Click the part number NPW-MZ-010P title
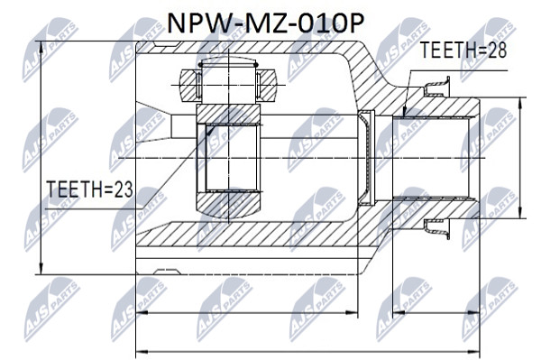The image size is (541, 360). [265, 23]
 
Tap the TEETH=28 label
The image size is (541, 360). [463, 51]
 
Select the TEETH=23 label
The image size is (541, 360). [90, 189]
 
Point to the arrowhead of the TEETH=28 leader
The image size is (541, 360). [405, 112]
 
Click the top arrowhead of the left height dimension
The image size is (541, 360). [41, 48]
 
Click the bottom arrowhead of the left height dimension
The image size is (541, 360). [41, 269]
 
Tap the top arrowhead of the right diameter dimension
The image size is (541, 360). [520, 104]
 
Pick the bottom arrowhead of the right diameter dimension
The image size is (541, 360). [520, 212]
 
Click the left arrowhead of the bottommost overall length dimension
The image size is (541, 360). [142, 353]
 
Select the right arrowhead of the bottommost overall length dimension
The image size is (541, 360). [473, 353]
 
